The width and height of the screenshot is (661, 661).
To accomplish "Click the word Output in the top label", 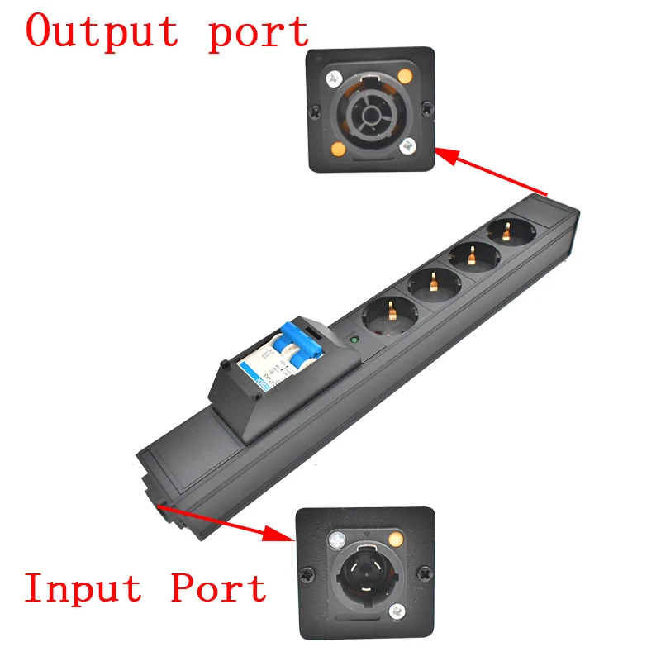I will [101, 31].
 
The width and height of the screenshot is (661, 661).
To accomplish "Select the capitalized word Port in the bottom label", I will [219, 588].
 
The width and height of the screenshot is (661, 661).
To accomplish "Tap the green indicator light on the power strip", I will [354, 337].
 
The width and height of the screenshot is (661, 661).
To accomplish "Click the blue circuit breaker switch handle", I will [294, 335].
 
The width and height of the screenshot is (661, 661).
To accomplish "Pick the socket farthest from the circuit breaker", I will [506, 234].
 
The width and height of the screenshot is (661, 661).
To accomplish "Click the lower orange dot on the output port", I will [337, 150].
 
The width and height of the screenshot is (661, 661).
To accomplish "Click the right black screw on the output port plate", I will [426, 107].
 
